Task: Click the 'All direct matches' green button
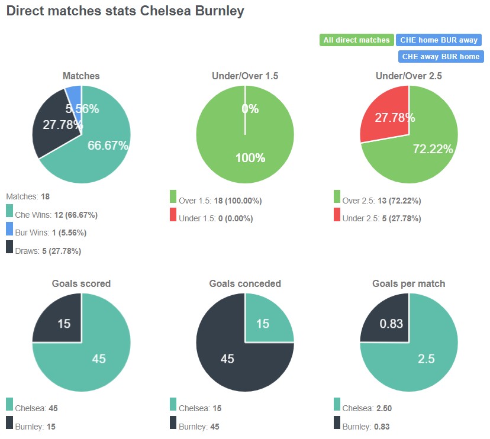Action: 356,40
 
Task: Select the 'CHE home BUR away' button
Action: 439,40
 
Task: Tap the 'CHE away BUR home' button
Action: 441,57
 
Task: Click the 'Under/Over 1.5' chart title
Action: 245,76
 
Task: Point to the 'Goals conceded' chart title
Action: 245,283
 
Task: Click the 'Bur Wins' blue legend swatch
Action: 9,229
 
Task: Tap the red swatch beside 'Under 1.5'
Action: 173,215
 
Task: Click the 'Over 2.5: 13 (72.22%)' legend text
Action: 382,201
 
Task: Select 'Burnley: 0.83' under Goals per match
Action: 366,427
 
